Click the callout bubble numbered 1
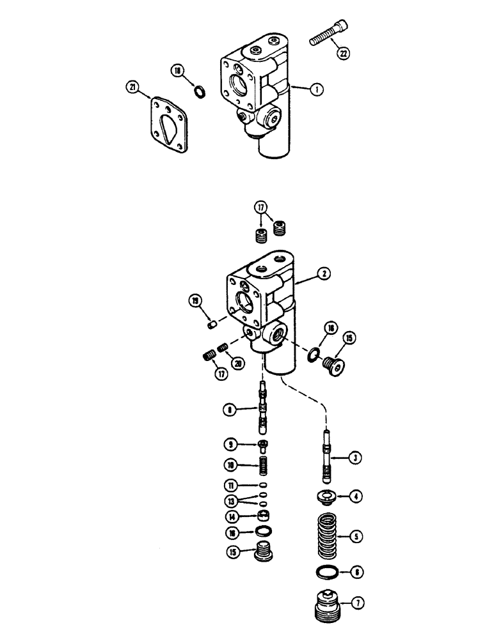pos(315,89)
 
